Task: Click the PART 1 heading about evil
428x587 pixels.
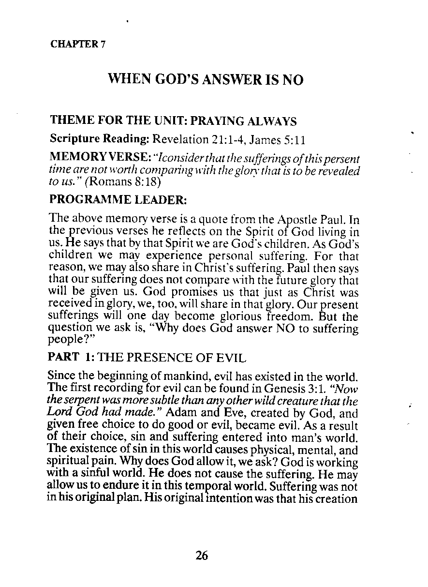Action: point(148,358)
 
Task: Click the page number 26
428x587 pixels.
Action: point(202,556)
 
